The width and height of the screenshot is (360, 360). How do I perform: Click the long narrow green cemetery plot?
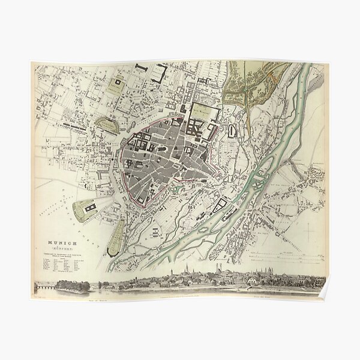[x=116, y=234]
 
